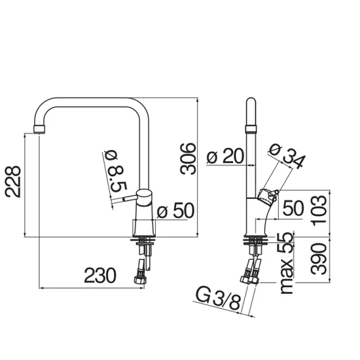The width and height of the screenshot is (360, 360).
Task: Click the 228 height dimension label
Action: pyautogui.click(x=13, y=181)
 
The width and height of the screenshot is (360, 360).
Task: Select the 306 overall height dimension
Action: pyautogui.click(x=188, y=158)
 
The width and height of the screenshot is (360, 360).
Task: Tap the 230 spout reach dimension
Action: pyautogui.click(x=100, y=276)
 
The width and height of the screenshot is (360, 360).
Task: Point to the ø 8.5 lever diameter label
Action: pyautogui.click(x=115, y=171)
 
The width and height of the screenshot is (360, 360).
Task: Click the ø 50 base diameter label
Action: pyautogui.click(x=175, y=210)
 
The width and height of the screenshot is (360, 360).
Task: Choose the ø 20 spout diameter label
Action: pyautogui.click(x=225, y=156)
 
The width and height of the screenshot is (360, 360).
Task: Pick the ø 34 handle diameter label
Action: pyautogui.click(x=287, y=156)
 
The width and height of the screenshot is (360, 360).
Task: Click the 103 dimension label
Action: pyautogui.click(x=319, y=210)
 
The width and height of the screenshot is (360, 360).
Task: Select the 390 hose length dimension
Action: pyautogui.click(x=319, y=259)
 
